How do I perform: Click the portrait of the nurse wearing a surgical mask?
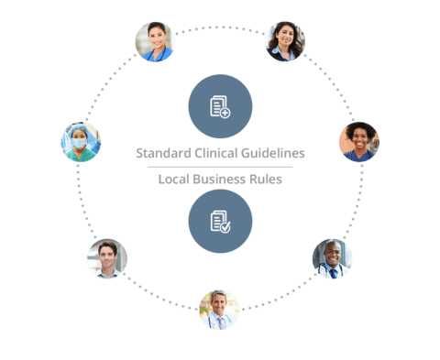pyautogui.click(x=81, y=142)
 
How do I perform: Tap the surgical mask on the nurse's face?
pyautogui.click(x=80, y=145)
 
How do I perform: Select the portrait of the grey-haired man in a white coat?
pyautogui.click(x=219, y=310)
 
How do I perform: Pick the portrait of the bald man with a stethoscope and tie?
pyautogui.click(x=333, y=258)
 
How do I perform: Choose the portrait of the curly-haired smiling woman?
pyautogui.click(x=358, y=141)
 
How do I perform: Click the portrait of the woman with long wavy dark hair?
pyautogui.click(x=285, y=41)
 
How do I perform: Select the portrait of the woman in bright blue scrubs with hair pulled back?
pyautogui.click(x=155, y=41)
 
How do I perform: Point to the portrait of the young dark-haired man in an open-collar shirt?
pyautogui.click(x=107, y=259)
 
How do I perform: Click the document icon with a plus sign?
pyautogui.click(x=220, y=107)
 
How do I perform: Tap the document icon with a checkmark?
pyautogui.click(x=220, y=222)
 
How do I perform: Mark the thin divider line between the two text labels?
pyautogui.click(x=220, y=167)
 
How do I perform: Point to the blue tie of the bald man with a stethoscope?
pyautogui.click(x=334, y=272)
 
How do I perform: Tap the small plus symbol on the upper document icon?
pyautogui.click(x=225, y=112)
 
